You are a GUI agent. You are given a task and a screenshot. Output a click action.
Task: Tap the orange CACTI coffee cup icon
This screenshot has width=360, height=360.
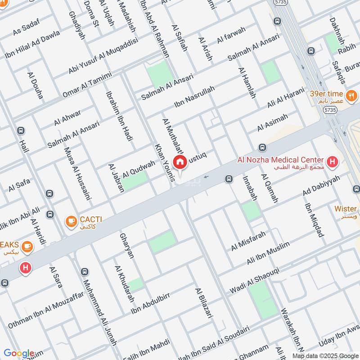(x=71, y=220)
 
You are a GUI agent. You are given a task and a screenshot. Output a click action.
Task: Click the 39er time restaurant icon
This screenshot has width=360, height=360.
(x=351, y=95)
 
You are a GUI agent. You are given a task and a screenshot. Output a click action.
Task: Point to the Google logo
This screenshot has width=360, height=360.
(x=18, y=353)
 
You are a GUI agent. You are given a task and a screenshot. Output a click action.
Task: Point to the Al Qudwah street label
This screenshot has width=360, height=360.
(x=139, y=168)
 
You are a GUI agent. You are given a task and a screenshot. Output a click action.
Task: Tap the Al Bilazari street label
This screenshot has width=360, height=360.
(x=203, y=303)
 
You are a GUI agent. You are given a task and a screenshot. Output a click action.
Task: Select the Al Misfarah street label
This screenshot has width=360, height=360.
(x=248, y=241)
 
